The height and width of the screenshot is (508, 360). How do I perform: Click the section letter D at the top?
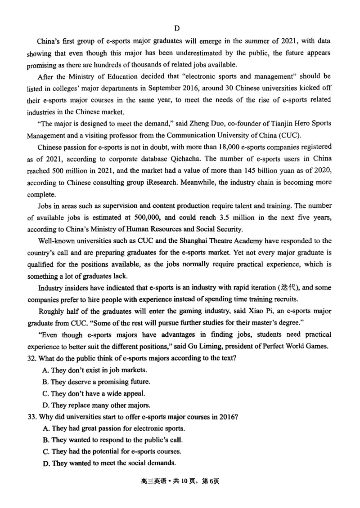(177, 29)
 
